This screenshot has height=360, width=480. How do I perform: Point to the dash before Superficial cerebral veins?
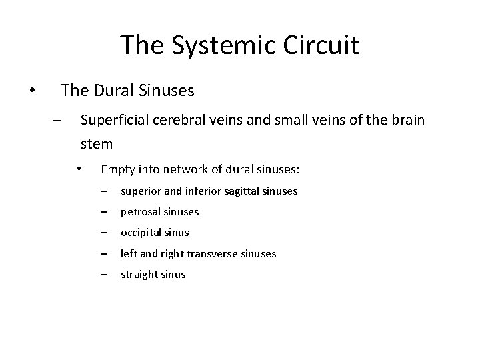pos(56,121)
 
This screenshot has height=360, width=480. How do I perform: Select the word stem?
pos(96,143)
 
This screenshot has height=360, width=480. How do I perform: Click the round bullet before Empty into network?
pos(79,169)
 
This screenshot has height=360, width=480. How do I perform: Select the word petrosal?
pos(140,212)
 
